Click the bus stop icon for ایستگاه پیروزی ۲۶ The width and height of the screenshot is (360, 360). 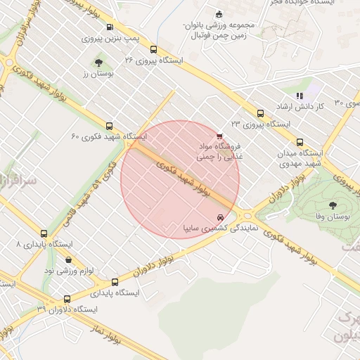click(x=153, y=49)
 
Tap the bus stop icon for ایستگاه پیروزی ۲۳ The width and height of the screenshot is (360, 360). click(x=261, y=112)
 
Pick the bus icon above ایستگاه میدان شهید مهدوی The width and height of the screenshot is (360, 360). click(x=300, y=141)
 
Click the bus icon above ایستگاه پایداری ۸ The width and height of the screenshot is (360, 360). click(x=44, y=233)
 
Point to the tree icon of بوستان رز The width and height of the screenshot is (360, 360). click(x=98, y=63)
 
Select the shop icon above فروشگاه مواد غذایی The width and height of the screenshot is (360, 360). click(x=220, y=136)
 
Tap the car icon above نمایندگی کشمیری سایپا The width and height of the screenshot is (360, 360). click(x=221, y=217)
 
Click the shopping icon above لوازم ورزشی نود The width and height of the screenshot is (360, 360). click(x=68, y=259)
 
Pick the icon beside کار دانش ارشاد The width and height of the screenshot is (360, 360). click(x=299, y=95)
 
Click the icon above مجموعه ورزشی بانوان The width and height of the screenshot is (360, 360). click(x=219, y=13)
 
